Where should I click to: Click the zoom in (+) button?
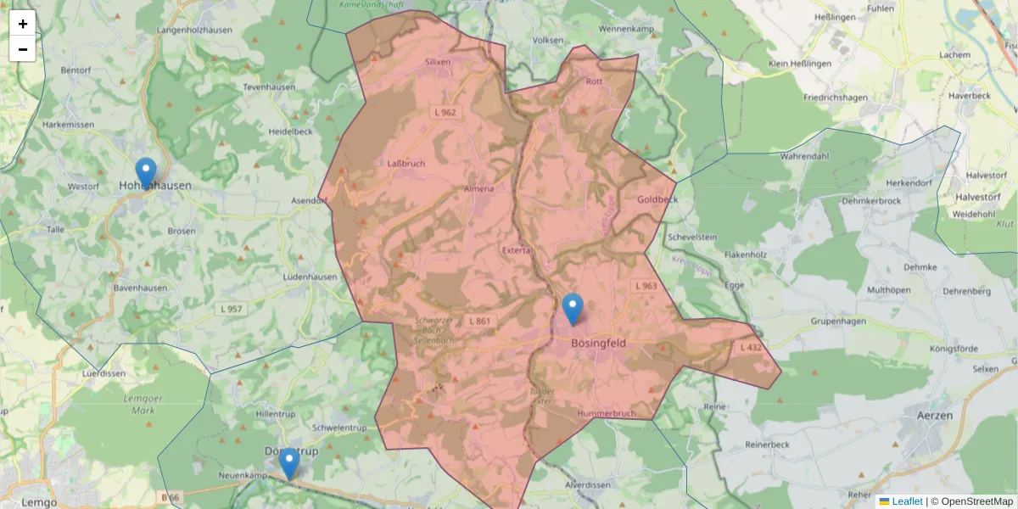click(23, 24)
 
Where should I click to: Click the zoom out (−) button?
click(23, 49)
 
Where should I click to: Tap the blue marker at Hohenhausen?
click(146, 173)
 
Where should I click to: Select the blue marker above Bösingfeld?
click(573, 310)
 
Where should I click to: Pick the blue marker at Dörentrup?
click(289, 464)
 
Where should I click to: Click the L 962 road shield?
click(445, 112)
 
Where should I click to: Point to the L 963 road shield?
click(646, 286)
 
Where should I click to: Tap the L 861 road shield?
click(478, 321)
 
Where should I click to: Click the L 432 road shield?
click(751, 348)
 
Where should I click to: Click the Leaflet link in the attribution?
click(907, 501)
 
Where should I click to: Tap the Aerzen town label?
click(935, 415)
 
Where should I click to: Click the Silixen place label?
click(438, 62)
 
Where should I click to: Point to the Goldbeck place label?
click(657, 199)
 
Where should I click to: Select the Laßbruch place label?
click(406, 163)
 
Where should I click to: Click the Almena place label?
click(479, 188)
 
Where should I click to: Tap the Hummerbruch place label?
click(606, 413)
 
